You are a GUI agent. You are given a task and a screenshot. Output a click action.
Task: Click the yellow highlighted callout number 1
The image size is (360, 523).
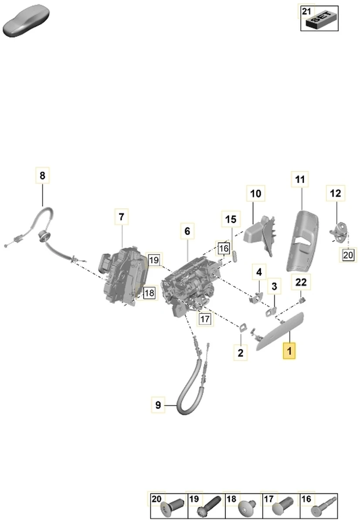pyautogui.click(x=289, y=350)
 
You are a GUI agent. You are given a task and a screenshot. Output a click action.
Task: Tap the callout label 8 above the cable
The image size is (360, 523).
pyautogui.click(x=42, y=175)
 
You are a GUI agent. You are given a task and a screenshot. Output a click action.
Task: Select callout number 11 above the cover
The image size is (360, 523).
pyautogui.click(x=300, y=179)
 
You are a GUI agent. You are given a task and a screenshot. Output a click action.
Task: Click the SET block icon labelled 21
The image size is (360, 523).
pyautogui.click(x=322, y=20)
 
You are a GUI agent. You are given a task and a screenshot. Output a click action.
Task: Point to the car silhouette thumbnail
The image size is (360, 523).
pyautogui.click(x=27, y=20)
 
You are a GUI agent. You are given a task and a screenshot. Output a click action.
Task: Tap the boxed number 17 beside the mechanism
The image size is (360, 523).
pyautogui.click(x=205, y=319)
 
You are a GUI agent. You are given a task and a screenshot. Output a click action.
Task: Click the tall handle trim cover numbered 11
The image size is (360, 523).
pyautogui.click(x=302, y=241)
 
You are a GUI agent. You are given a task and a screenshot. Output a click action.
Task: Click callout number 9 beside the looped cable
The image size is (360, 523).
pyautogui.click(x=158, y=405)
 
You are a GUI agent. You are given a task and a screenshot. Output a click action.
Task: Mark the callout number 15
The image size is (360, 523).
pyautogui.click(x=231, y=219)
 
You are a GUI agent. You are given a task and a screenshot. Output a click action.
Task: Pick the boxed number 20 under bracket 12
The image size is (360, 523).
pyautogui.click(x=348, y=254)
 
